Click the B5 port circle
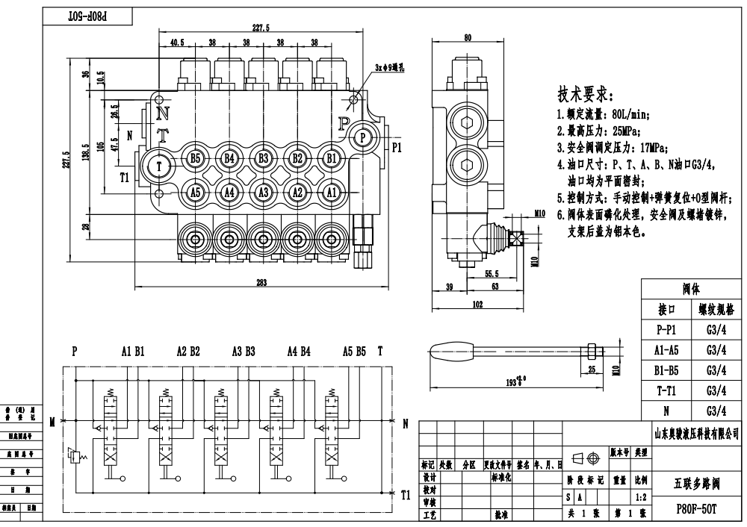click(x=195, y=158)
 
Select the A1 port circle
click(x=330, y=193)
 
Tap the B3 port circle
click(x=263, y=158)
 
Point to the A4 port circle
click(x=229, y=193)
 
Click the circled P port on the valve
click(x=362, y=137)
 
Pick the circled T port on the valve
click(x=159, y=166)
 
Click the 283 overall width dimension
click(x=261, y=281)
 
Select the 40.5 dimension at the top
click(x=177, y=43)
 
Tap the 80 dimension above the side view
click(x=468, y=38)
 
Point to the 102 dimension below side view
click(x=478, y=305)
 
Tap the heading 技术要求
click(x=586, y=96)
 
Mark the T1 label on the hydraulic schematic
click(x=406, y=494)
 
